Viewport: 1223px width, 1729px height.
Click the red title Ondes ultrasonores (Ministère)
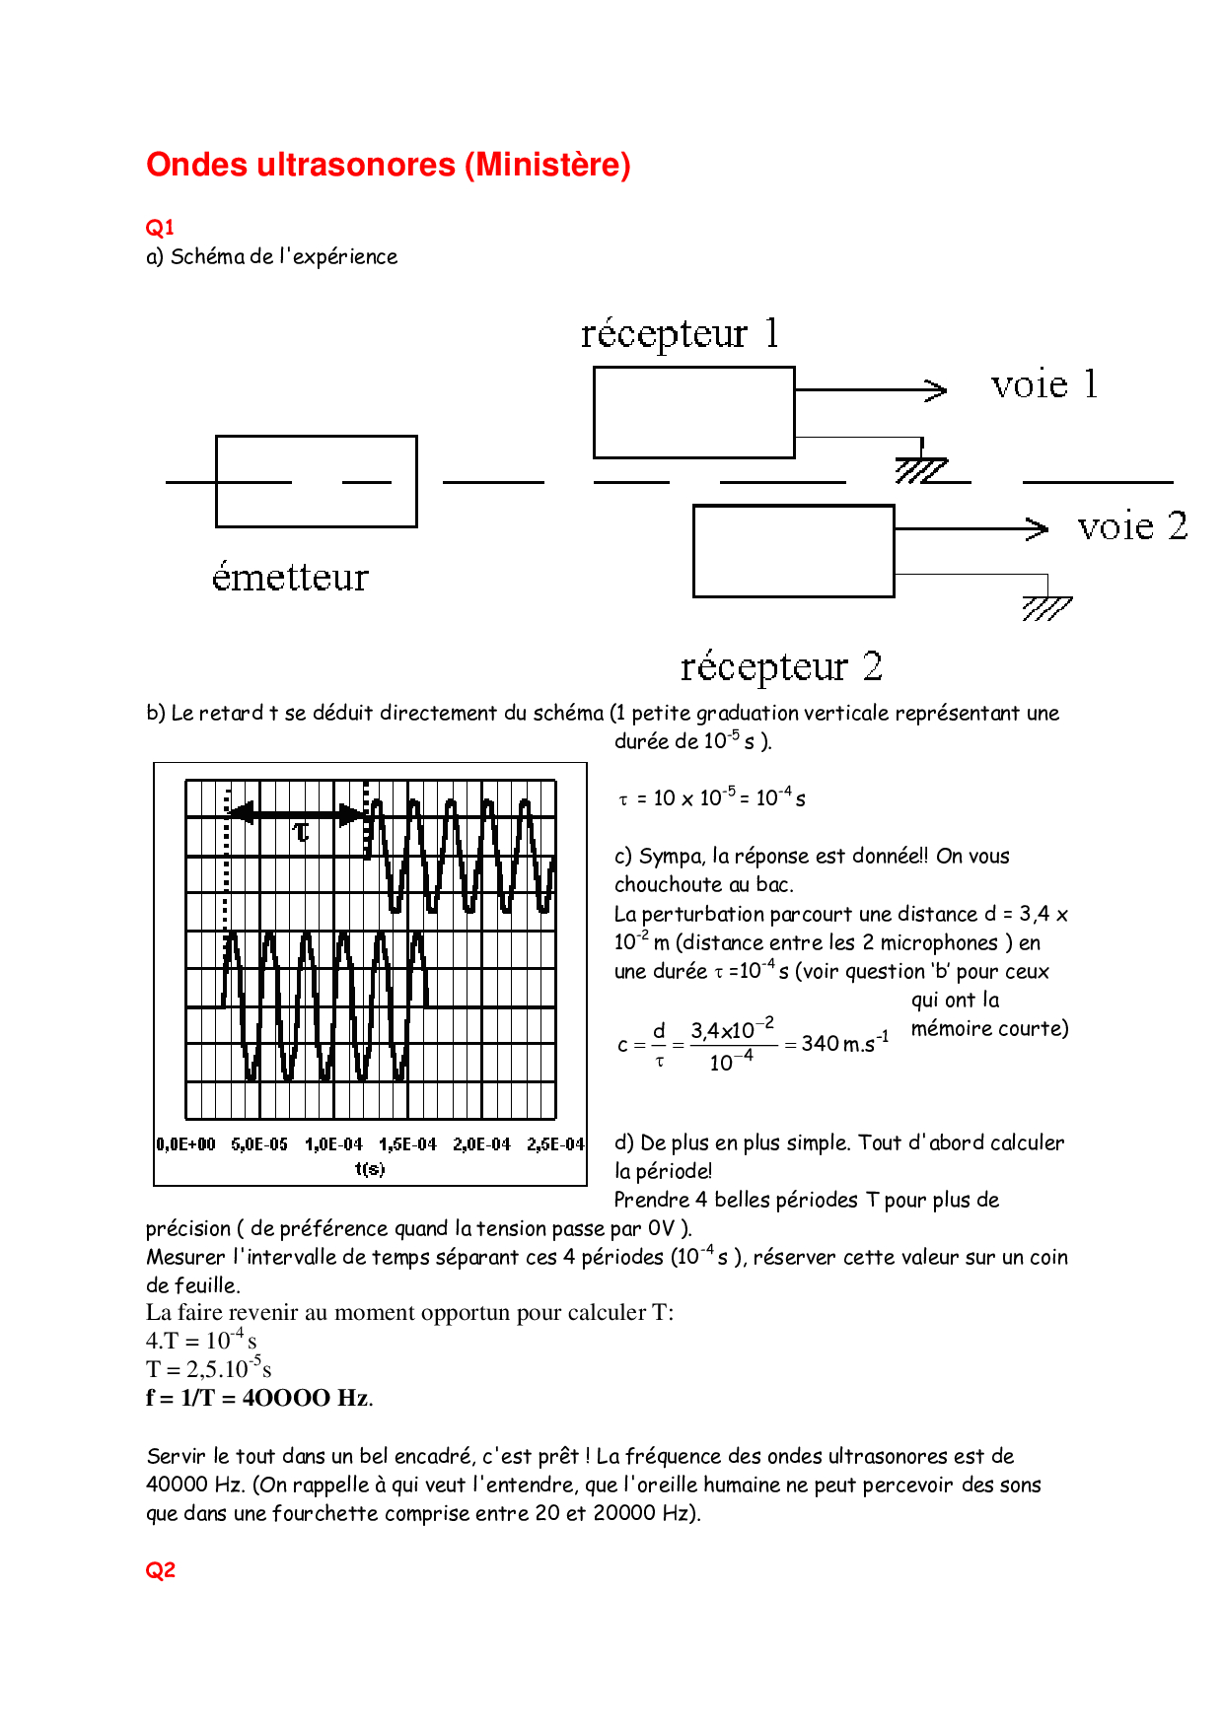388,165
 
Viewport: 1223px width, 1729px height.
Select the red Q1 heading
160,228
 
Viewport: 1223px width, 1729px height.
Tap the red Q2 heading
160,1570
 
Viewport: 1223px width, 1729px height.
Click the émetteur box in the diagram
316,481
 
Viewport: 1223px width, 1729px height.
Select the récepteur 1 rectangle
693,412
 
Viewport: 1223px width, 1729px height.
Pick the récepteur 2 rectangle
793,551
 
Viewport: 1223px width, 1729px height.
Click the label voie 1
1044,384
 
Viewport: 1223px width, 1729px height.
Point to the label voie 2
1132,526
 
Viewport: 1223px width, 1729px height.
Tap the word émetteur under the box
290,577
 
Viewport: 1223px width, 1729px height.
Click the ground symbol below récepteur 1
921,470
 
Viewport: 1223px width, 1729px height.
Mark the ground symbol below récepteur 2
1046,607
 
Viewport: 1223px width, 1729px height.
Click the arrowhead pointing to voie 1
936,390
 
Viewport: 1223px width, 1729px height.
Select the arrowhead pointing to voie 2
1037,529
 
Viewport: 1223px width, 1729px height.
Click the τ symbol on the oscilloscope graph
302,833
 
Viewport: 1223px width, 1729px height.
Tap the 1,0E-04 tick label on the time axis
333,1144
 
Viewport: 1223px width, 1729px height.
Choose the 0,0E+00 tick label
185,1144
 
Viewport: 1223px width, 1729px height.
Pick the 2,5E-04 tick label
555,1144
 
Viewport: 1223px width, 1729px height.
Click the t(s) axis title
369,1169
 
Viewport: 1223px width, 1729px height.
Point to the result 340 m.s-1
844,1043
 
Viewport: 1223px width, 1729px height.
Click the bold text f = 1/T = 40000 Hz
258,1398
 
